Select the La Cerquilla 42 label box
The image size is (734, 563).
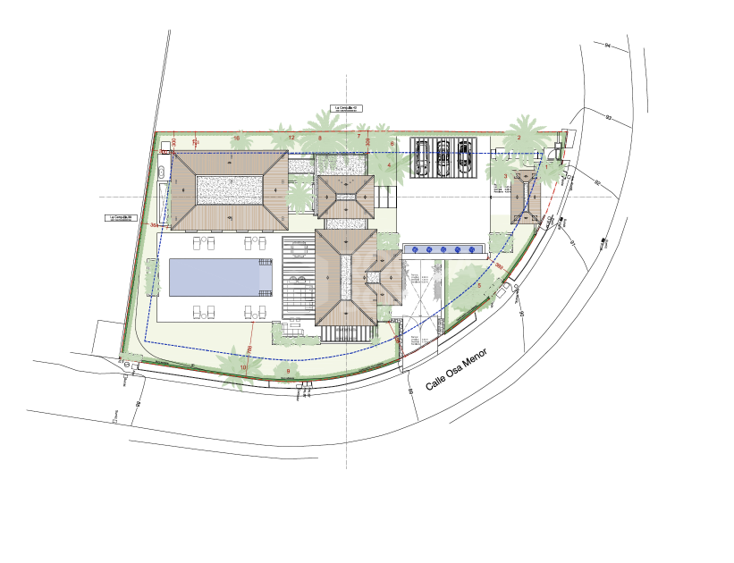(344, 109)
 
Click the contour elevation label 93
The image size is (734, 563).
(608, 118)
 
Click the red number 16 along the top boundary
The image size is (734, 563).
(236, 138)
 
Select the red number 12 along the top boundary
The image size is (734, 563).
(291, 138)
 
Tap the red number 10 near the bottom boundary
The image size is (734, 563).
(243, 367)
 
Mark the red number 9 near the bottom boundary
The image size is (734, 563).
(288, 371)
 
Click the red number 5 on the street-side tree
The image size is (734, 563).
(479, 285)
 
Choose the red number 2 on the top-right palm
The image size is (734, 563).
(519, 138)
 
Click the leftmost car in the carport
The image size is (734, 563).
(422, 156)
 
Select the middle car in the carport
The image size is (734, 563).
(443, 156)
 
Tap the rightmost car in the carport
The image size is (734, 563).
(465, 156)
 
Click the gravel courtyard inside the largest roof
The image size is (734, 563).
(230, 188)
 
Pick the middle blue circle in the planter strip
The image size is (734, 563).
(443, 248)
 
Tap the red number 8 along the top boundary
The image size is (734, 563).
(320, 138)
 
